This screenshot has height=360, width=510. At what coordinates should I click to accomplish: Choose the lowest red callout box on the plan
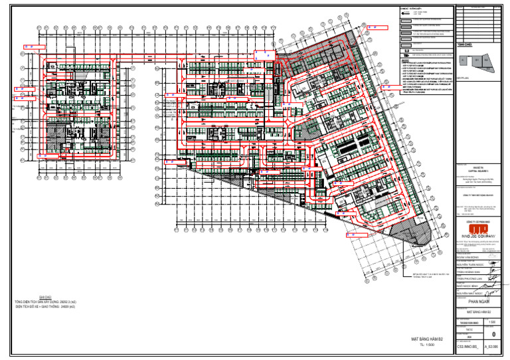click(352, 234)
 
